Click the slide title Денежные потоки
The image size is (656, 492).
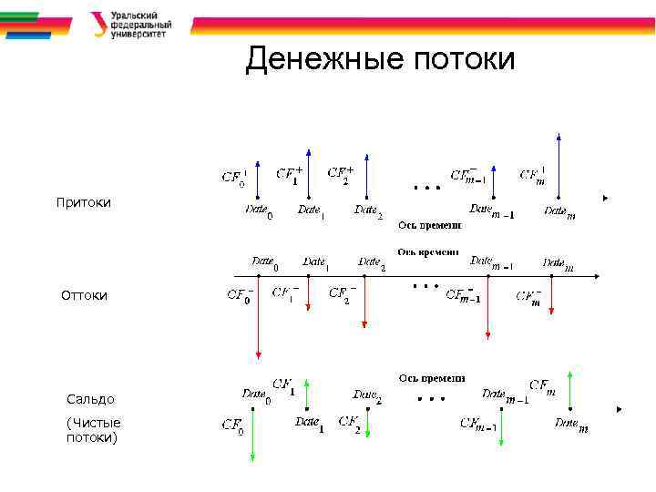[x=380, y=60]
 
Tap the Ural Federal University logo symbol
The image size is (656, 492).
[x=98, y=24]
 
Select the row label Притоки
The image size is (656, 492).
[x=83, y=202]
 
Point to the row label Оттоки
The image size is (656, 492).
[x=84, y=295]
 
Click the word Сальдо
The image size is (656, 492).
[x=91, y=399]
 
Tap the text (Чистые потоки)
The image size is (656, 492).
[x=93, y=430]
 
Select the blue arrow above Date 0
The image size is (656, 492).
[x=259, y=179]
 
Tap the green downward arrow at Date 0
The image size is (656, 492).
[x=251, y=433]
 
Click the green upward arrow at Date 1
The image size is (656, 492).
[x=308, y=395]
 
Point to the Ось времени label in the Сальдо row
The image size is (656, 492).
[x=431, y=377]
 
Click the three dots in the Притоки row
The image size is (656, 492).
[x=426, y=189]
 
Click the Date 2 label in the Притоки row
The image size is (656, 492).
[x=368, y=210]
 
